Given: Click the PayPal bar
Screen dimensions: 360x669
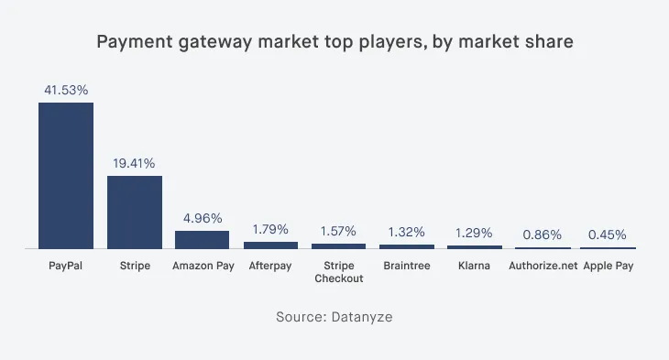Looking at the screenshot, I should click(x=66, y=175).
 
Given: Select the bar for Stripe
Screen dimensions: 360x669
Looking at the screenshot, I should click(x=135, y=212).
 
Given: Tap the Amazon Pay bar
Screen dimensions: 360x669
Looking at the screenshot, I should click(x=203, y=239).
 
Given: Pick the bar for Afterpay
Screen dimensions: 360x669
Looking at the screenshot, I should click(x=270, y=245).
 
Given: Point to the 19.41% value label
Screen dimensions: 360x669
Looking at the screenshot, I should click(x=135, y=163).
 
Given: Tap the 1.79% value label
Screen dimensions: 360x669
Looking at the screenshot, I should click(x=270, y=229).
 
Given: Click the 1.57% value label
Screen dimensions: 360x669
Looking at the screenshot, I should click(x=339, y=231).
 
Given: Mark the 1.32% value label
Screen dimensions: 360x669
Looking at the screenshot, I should click(x=407, y=232).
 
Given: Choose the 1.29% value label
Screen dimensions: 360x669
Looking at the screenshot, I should click(x=475, y=233).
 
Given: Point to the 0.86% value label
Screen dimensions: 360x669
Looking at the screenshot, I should click(x=543, y=235).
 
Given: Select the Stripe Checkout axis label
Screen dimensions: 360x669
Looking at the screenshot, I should click(x=339, y=272).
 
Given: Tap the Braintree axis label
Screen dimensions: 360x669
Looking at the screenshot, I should click(x=407, y=267).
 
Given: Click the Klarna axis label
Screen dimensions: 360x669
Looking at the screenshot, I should click(x=475, y=267).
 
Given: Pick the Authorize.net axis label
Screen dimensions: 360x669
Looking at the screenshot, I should click(x=543, y=267).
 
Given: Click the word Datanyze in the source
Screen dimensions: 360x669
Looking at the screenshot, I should click(x=362, y=316).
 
